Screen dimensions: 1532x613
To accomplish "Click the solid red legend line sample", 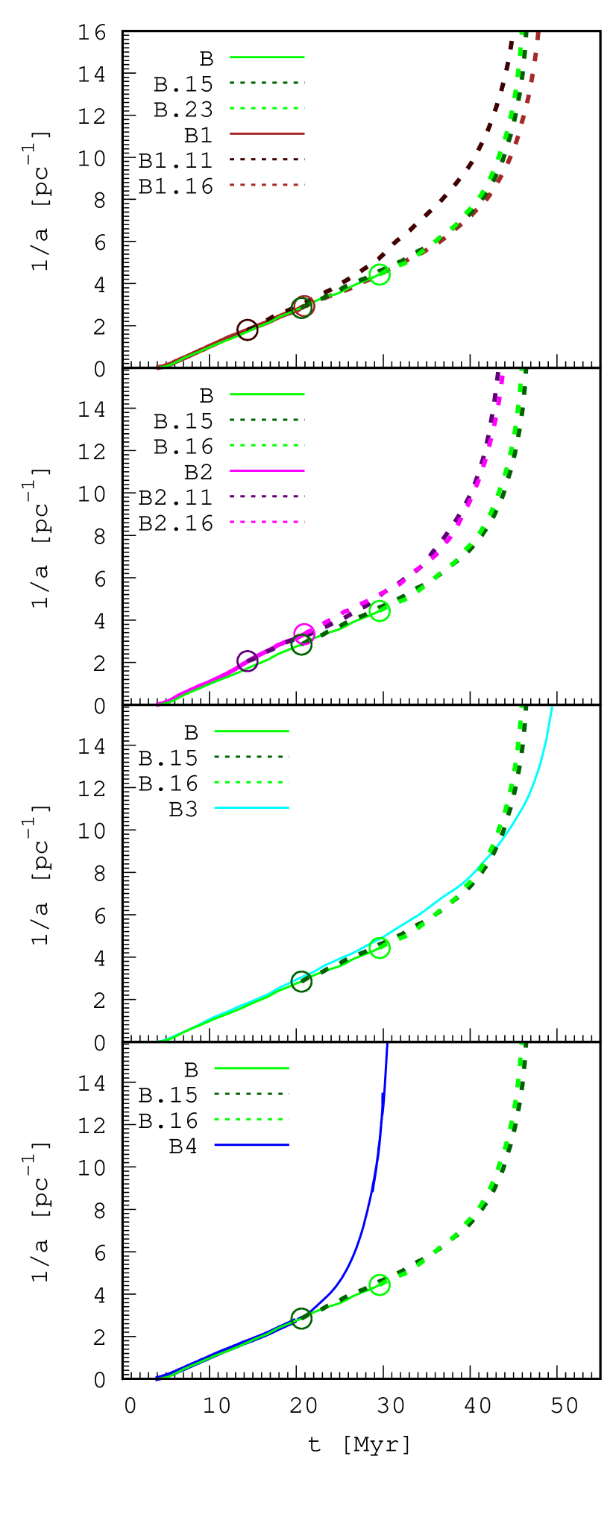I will [267, 133].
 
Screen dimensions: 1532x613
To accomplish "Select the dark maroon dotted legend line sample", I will [267, 160].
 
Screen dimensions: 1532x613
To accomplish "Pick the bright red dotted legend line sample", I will [267, 185].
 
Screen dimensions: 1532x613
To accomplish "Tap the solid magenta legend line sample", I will [267, 471].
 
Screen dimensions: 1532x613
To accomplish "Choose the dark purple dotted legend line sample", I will [267, 497].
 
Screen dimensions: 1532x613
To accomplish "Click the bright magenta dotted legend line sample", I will [267, 522].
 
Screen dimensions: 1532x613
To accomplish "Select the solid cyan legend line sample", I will [251, 808].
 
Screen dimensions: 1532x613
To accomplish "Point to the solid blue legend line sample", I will [251, 1145].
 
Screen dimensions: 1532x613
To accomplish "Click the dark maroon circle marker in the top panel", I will [248, 330].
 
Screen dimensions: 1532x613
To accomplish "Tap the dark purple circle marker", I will [248, 661].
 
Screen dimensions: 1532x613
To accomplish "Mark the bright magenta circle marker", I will [304, 634].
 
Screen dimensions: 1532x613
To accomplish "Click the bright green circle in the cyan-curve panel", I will [380, 948].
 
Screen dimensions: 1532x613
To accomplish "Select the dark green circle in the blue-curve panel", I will [301, 1318].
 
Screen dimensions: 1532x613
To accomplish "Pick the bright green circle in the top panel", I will [380, 274].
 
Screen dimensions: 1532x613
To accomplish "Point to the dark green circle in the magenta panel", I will [301, 645].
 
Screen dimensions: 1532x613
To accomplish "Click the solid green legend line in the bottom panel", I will [251, 1068].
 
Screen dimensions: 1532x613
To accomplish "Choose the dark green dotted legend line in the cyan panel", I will [251, 757].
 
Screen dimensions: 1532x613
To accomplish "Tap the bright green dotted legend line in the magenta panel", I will [267, 445].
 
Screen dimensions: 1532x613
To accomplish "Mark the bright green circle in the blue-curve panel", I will [380, 1285].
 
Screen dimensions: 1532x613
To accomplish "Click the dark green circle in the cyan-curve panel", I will [301, 982].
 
